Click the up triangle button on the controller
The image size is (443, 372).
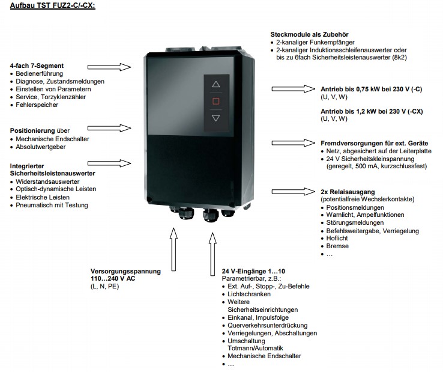(216, 85)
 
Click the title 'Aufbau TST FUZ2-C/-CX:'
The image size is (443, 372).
(52, 5)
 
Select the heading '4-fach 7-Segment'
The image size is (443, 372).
(37, 65)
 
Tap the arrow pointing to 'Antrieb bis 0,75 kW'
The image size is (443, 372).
(294, 89)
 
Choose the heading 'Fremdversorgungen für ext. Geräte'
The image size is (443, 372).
(375, 143)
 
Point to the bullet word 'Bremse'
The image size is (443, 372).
(337, 246)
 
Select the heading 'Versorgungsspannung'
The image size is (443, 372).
(125, 272)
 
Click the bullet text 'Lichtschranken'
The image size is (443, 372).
(249, 294)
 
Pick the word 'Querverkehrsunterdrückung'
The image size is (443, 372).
(268, 325)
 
